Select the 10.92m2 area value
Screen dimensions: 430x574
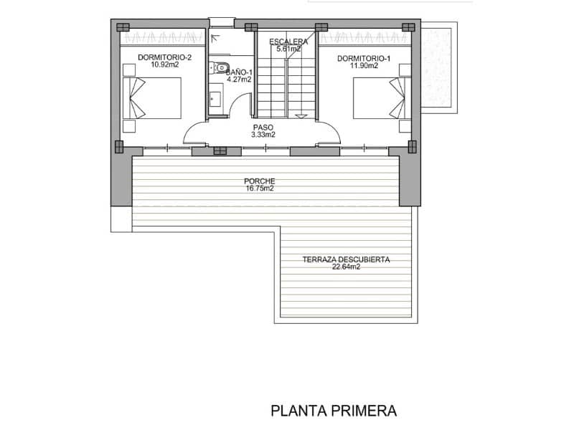(165, 64)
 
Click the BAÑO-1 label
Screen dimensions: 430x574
(238, 72)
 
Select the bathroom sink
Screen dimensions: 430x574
(215, 97)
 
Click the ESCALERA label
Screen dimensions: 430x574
(288, 42)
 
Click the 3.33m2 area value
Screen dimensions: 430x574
(263, 135)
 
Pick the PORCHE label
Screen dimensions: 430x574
(259, 181)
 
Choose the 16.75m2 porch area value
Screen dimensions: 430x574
(259, 189)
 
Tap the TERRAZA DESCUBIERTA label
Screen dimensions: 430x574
(346, 259)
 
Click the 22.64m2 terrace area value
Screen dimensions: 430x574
(346, 267)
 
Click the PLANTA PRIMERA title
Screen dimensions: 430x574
(334, 411)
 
